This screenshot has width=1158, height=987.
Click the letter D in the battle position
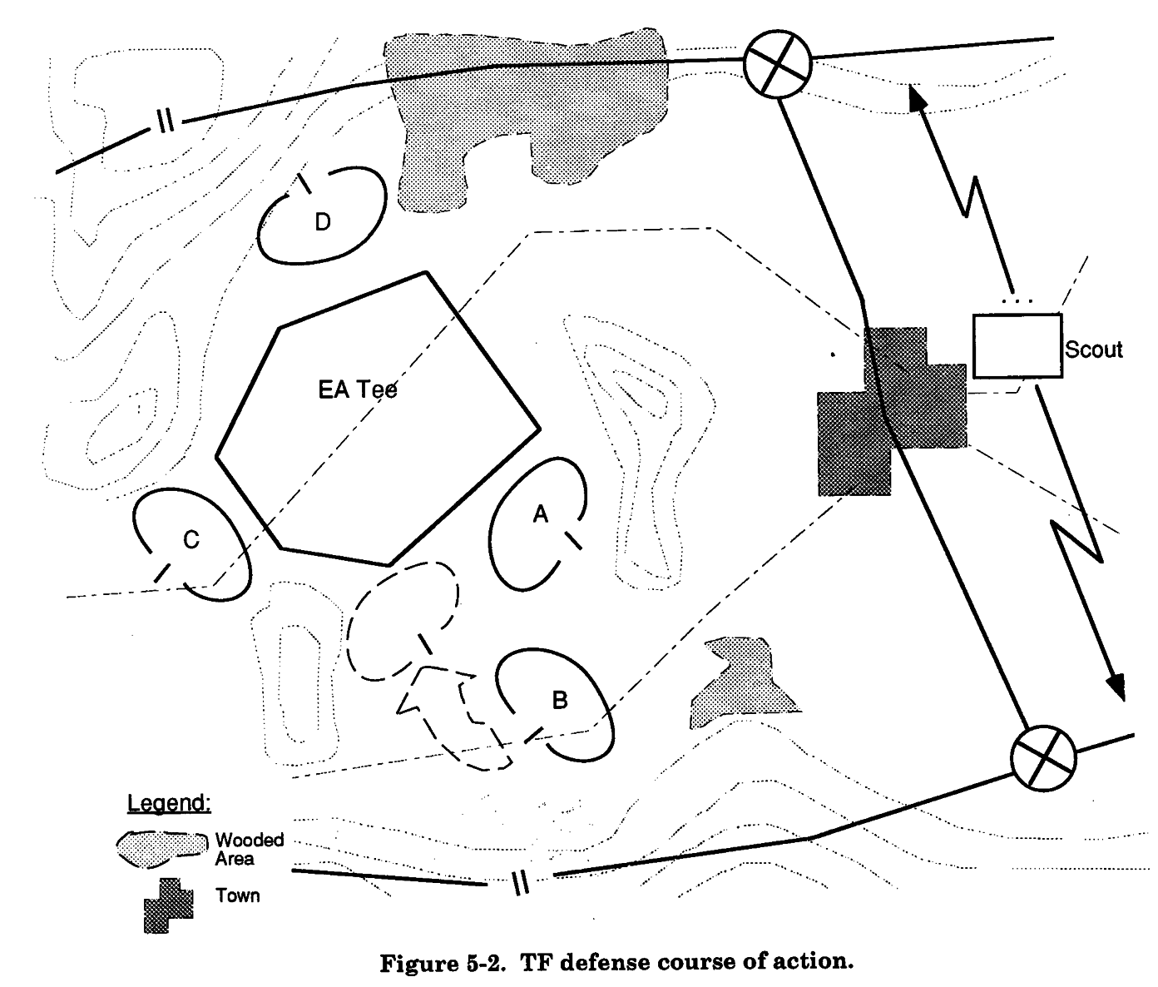(x=323, y=221)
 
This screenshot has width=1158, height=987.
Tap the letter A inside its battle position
(x=540, y=515)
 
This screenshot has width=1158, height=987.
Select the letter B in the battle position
(x=560, y=701)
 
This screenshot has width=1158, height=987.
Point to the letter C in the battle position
(x=191, y=541)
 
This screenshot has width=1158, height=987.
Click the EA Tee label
(x=358, y=389)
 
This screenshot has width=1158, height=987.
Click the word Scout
(x=1093, y=350)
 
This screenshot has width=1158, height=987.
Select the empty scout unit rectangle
(x=1017, y=345)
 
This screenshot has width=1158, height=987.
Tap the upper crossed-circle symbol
(x=776, y=65)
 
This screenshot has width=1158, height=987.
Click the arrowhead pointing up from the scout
(x=918, y=97)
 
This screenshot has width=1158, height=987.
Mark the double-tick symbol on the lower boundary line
(x=520, y=881)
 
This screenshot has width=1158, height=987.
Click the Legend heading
(x=169, y=803)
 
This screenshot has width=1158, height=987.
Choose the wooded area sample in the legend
(x=162, y=847)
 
